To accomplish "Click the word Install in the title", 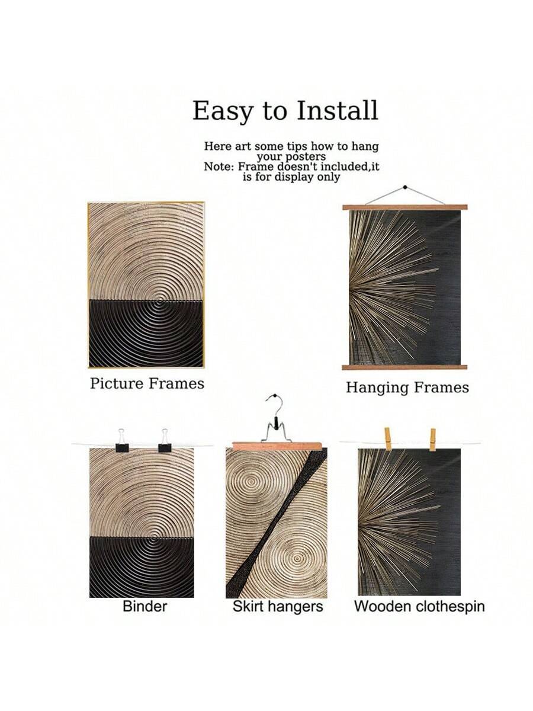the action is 337,110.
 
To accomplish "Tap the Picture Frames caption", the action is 147,383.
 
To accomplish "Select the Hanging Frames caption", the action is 407,387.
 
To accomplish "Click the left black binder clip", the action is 122,441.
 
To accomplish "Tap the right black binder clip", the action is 165,441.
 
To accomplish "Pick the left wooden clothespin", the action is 388,439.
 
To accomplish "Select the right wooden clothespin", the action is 432,440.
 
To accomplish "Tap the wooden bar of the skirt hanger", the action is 277,446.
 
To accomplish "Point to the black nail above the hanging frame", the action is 404,187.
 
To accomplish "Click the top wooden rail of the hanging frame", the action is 405,207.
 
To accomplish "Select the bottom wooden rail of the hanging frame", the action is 405,367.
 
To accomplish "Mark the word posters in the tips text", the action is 308,158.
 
